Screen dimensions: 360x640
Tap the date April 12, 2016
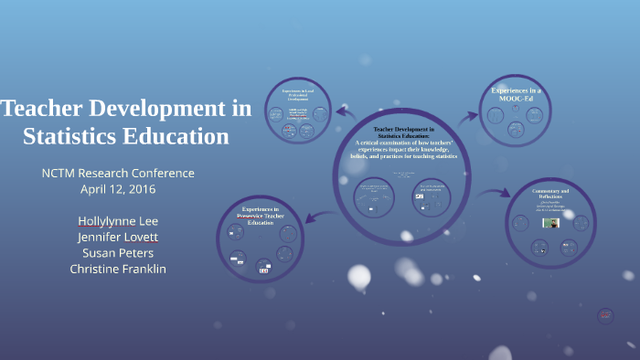click(x=118, y=189)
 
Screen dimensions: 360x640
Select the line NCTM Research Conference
click(x=118, y=173)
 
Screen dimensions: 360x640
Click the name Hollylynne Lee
click(x=118, y=220)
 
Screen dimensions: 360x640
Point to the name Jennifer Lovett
click(x=118, y=237)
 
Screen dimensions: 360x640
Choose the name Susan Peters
click(x=118, y=252)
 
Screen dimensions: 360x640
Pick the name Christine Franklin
click(x=118, y=269)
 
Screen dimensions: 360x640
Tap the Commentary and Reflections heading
click(x=550, y=195)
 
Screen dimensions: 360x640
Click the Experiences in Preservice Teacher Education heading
click(x=261, y=216)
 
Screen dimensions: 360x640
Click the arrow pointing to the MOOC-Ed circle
click(x=467, y=115)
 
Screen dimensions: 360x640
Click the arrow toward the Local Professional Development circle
click(x=346, y=112)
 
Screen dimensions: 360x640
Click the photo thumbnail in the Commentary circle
click(x=550, y=223)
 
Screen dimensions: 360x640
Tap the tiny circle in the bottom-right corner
click(x=604, y=316)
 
